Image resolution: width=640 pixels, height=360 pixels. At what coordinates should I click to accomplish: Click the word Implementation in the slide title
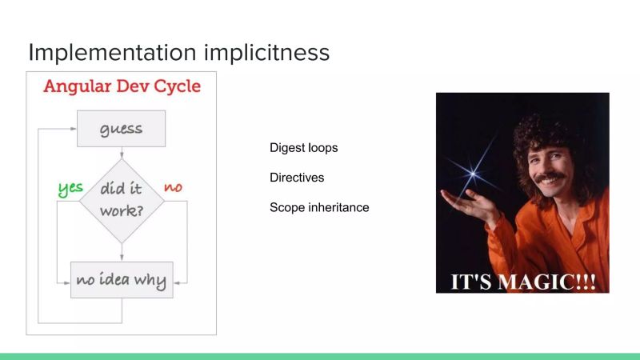pyautogui.click(x=103, y=52)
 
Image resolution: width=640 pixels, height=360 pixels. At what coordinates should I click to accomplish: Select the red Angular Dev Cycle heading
pyautogui.click(x=122, y=86)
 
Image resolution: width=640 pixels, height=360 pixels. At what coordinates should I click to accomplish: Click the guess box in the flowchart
pyautogui.click(x=121, y=129)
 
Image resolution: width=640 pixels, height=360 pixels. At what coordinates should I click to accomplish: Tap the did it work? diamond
pyautogui.click(x=122, y=201)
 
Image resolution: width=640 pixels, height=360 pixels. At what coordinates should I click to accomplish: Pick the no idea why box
pyautogui.click(x=122, y=280)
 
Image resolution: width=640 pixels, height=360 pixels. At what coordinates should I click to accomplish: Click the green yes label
pyautogui.click(x=70, y=189)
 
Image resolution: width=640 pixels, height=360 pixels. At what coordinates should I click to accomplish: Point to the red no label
pyautogui.click(x=173, y=187)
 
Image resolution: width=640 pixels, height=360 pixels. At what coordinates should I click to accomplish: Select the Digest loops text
pyautogui.click(x=303, y=148)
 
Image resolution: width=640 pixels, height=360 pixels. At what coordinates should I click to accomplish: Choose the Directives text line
pyautogui.click(x=297, y=178)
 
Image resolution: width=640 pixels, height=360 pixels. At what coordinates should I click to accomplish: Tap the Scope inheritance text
pyautogui.click(x=319, y=207)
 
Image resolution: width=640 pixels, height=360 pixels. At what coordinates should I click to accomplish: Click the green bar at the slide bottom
pyautogui.click(x=320, y=355)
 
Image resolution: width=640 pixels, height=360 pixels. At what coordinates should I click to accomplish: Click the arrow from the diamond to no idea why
pyautogui.click(x=122, y=251)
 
